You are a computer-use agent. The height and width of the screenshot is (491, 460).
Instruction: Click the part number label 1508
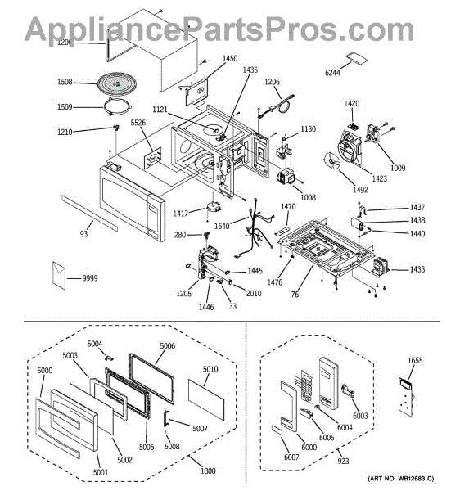pyautogui.click(x=65, y=82)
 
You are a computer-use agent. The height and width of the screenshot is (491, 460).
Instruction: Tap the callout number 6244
pyautogui.click(x=332, y=73)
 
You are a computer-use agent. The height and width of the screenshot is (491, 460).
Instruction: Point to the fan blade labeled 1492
pyautogui.click(x=331, y=160)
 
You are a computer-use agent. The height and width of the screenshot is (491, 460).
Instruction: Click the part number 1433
pyautogui.click(x=417, y=269)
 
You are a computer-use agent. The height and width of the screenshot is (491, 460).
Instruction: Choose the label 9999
pyautogui.click(x=90, y=278)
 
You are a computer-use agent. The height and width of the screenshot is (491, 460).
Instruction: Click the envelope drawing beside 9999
pyautogui.click(x=59, y=275)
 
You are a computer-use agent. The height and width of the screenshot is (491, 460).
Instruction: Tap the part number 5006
pyautogui.click(x=168, y=345)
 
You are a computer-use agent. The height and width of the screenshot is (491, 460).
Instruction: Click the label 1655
pyautogui.click(x=415, y=360)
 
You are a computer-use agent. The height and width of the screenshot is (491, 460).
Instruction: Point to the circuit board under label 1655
pyautogui.click(x=407, y=397)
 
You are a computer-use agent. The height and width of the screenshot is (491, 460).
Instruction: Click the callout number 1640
pyautogui.click(x=222, y=226)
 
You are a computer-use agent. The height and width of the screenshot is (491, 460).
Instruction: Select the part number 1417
pyautogui.click(x=180, y=214)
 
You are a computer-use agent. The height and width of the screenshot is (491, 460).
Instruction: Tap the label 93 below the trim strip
pyautogui.click(x=83, y=234)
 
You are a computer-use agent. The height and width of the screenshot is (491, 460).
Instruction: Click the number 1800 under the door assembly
pyautogui.click(x=208, y=471)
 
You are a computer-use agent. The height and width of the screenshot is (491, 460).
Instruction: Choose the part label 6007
pyautogui.click(x=291, y=457)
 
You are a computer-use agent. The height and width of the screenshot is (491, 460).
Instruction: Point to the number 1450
pyautogui.click(x=230, y=59)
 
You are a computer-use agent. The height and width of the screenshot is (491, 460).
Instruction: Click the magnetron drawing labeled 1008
pyautogui.click(x=286, y=178)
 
